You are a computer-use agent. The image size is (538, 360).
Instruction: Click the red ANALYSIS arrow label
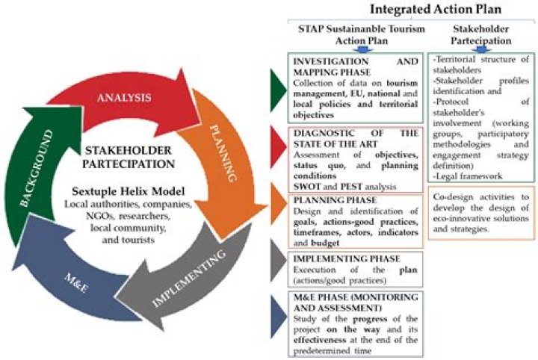pyautogui.click(x=124, y=97)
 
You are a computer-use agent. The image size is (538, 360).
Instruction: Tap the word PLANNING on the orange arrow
pyautogui.click(x=223, y=153)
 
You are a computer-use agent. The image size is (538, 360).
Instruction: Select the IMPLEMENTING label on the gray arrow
pyautogui.click(x=189, y=278)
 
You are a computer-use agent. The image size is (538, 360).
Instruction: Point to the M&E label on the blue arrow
pyautogui.click(x=75, y=283)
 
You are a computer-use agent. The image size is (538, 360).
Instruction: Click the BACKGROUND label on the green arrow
pyautogui.click(x=37, y=168)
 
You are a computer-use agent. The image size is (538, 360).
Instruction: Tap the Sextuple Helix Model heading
pyautogui.click(x=129, y=191)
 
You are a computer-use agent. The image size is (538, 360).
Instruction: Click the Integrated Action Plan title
pyautogui.click(x=436, y=9)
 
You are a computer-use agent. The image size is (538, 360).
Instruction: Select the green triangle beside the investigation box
pyautogui.click(x=278, y=90)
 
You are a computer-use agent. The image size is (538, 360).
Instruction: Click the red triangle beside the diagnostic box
pyautogui.click(x=278, y=146)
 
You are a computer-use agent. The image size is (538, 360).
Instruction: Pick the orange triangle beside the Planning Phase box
pyautogui.click(x=278, y=204)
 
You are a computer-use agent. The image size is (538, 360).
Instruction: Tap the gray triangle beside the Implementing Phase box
pyautogui.click(x=278, y=261)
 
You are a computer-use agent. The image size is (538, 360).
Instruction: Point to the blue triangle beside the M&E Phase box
pyautogui.click(x=278, y=317)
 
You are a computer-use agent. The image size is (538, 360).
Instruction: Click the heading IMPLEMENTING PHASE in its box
pyautogui.click(x=347, y=258)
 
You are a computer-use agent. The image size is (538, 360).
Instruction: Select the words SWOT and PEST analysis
pyautogui.click(x=344, y=187)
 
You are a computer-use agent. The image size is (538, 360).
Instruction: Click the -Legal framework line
pyautogui.click(x=467, y=176)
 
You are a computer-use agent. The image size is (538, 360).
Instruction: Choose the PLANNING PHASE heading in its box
pyautogui.click(x=335, y=200)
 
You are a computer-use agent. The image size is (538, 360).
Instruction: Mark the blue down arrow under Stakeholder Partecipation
pyautogui.click(x=481, y=49)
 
